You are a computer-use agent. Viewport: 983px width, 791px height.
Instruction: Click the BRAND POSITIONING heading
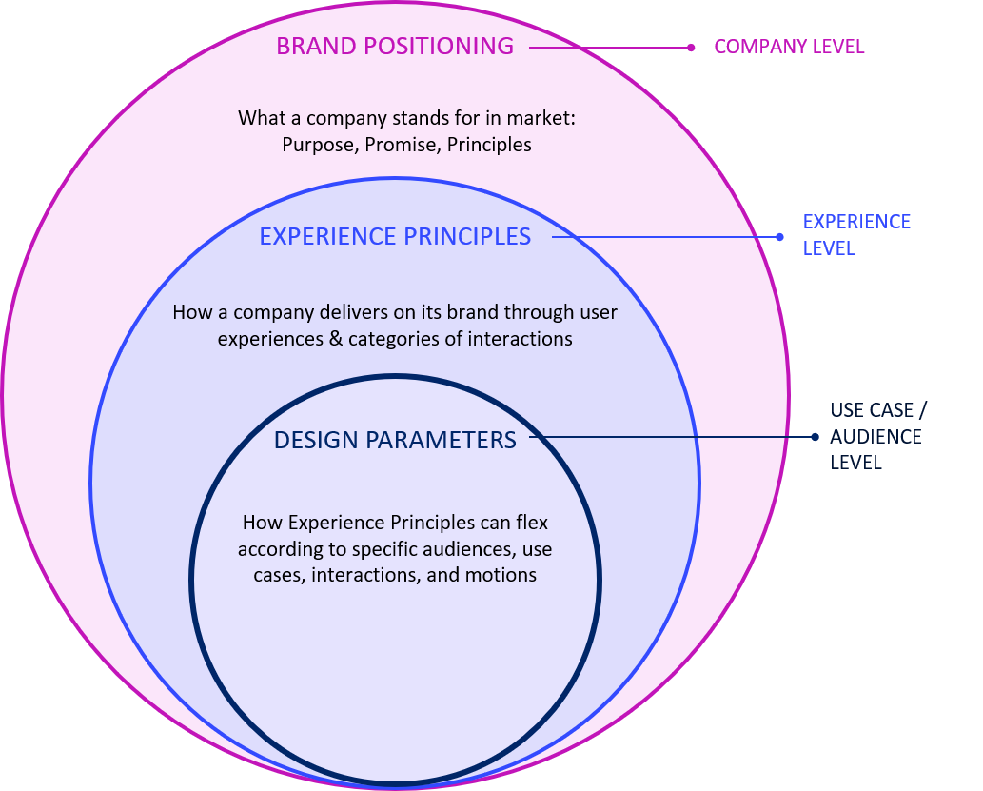pyautogui.click(x=395, y=46)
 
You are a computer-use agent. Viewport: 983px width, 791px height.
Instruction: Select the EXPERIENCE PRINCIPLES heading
pyautogui.click(x=395, y=236)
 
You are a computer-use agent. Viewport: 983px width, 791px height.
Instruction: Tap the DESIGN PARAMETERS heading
pyautogui.click(x=395, y=440)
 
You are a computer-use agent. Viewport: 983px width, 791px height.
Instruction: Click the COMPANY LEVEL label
pyautogui.click(x=789, y=47)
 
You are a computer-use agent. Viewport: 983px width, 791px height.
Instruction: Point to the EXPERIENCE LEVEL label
pyautogui.click(x=856, y=234)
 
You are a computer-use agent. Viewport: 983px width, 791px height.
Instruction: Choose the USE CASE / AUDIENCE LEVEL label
pyautogui.click(x=876, y=437)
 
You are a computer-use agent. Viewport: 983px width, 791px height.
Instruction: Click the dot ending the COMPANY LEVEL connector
pyautogui.click(x=692, y=47)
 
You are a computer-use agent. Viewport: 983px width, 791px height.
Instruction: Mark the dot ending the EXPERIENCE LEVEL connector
pyautogui.click(x=779, y=237)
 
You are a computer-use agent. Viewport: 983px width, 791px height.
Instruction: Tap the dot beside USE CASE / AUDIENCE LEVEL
pyautogui.click(x=815, y=437)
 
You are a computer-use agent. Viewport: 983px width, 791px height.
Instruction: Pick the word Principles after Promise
pyautogui.click(x=489, y=146)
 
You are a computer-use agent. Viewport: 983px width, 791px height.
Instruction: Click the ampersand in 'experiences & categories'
pyautogui.click(x=334, y=339)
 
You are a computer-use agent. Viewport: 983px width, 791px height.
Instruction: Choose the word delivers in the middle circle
pyautogui.click(x=311, y=312)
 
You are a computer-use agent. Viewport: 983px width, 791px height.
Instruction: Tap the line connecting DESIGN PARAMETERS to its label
pyautogui.click(x=666, y=437)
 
